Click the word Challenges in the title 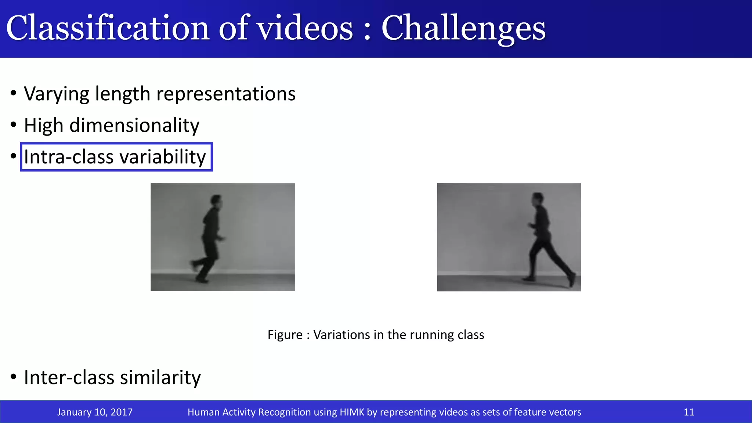point(463,29)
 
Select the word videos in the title point(305,29)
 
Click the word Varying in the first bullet point(56,94)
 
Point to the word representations point(226,94)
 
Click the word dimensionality point(134,125)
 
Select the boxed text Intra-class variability point(115,157)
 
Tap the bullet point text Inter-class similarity point(112,377)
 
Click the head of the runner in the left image point(217,201)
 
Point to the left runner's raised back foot point(193,264)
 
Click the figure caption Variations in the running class point(376,335)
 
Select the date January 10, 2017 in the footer point(95,412)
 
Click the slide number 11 point(689,412)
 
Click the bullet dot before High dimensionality point(14,125)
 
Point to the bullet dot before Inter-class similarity point(14,377)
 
